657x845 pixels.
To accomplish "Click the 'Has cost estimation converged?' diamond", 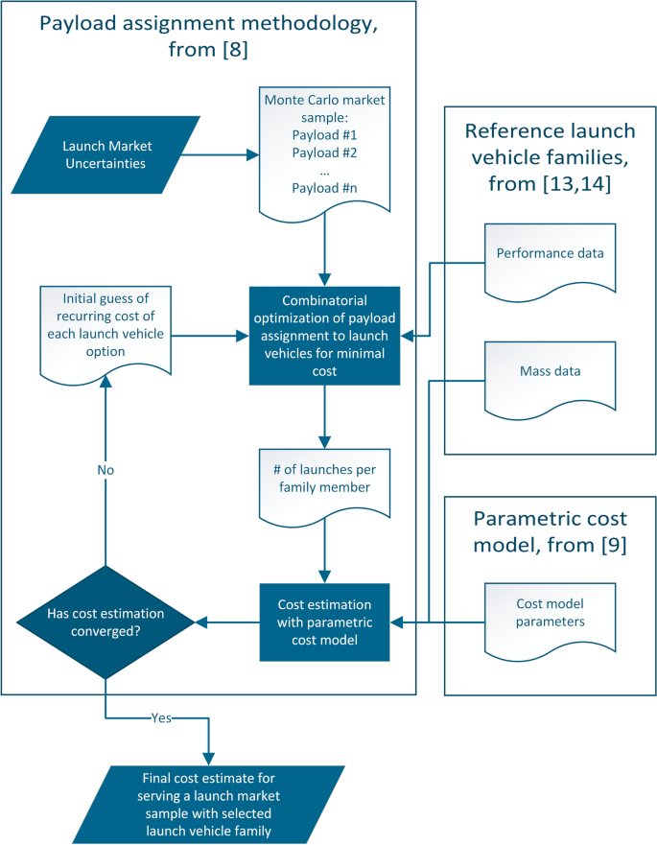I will click(x=105, y=622).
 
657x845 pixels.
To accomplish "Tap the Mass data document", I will click(x=551, y=370).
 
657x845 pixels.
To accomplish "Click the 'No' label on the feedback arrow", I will click(x=105, y=471).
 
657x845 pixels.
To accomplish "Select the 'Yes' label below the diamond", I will click(x=161, y=717).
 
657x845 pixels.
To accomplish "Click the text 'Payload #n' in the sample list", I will click(x=325, y=189).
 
